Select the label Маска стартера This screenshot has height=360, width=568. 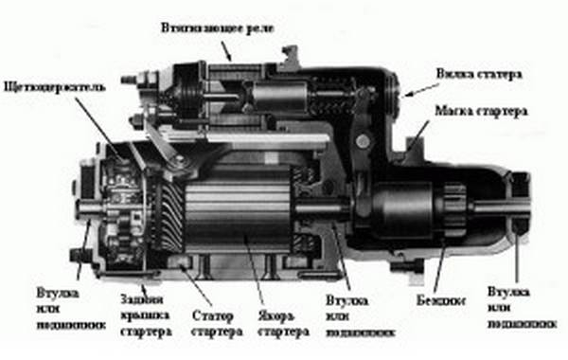[x=481, y=111]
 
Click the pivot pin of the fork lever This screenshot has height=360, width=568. [x=361, y=142]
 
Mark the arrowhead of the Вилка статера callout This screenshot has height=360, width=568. [x=401, y=96]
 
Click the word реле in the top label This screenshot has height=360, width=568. [x=259, y=26]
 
